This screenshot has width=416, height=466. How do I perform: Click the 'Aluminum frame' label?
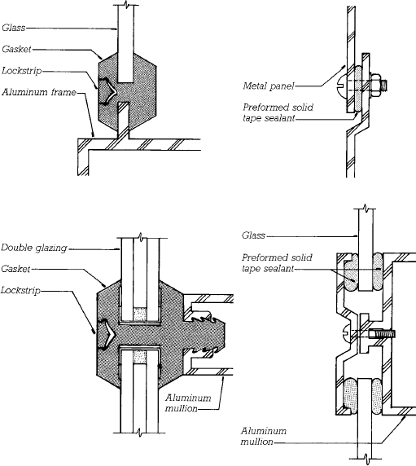[39, 92]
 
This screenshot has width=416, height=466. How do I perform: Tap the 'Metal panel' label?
[269, 86]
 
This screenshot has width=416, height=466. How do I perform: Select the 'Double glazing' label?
[34, 248]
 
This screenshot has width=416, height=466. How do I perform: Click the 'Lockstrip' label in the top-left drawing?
[21, 71]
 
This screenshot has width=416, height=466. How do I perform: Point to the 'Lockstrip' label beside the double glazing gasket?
[20, 290]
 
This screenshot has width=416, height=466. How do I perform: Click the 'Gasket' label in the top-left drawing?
[16, 49]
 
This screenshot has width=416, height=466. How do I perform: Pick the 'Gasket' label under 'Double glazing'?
[15, 269]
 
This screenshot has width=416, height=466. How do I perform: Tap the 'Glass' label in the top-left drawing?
[13, 28]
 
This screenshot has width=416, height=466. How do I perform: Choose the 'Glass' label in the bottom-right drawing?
[253, 235]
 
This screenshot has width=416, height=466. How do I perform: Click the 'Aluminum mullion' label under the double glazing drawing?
[188, 402]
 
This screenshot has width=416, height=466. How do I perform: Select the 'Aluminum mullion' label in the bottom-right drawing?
[264, 436]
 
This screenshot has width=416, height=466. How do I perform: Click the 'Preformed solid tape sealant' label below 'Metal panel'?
[278, 112]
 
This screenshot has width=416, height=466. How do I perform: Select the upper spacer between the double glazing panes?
[140, 314]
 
